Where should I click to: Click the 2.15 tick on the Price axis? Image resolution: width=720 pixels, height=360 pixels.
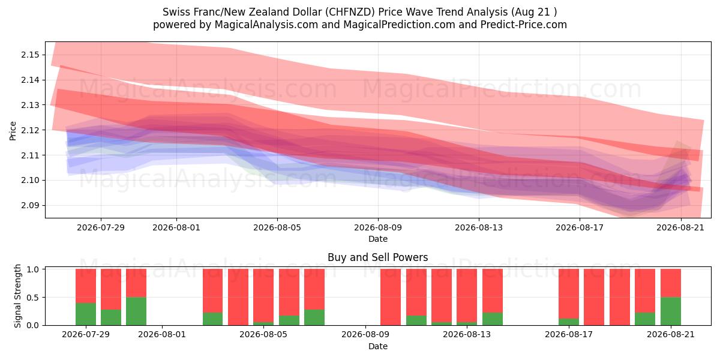pyautogui.click(x=30, y=55)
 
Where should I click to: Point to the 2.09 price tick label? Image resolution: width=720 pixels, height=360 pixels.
pyautogui.click(x=30, y=205)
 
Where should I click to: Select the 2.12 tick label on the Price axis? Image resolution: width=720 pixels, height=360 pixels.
pyautogui.click(x=30, y=130)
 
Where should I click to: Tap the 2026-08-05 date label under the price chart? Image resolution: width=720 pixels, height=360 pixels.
pyautogui.click(x=277, y=227)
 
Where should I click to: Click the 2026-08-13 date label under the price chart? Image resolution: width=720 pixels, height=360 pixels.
pyautogui.click(x=479, y=227)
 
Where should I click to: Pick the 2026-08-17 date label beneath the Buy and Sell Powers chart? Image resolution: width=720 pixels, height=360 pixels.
pyautogui.click(x=569, y=334)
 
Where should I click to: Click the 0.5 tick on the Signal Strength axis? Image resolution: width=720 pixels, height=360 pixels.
pyautogui.click(x=32, y=298)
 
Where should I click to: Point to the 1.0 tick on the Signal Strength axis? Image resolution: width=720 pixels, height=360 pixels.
pyautogui.click(x=32, y=269)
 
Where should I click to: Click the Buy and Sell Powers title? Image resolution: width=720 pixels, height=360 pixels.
pyautogui.click(x=377, y=257)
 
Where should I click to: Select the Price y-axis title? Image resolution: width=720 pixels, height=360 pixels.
pyautogui.click(x=13, y=131)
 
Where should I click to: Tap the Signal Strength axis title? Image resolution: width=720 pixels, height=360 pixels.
pyautogui.click(x=17, y=296)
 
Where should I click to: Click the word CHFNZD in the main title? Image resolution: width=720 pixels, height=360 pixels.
pyautogui.click(x=350, y=12)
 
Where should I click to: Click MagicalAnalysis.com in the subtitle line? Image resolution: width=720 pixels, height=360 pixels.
pyautogui.click(x=266, y=25)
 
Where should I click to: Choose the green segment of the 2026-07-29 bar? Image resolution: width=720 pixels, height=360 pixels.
pyautogui.click(x=86, y=314)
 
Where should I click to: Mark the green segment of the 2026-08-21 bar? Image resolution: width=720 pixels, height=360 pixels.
pyautogui.click(x=671, y=311)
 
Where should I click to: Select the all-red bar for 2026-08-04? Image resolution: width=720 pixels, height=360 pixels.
pyautogui.click(x=238, y=298)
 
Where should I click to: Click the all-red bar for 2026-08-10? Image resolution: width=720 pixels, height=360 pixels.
pyautogui.click(x=391, y=298)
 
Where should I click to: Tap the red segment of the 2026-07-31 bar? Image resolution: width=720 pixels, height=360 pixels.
pyautogui.click(x=136, y=283)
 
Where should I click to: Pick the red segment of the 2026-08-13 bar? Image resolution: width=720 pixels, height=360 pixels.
pyautogui.click(x=467, y=296)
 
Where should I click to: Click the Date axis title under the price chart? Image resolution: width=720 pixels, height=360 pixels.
pyautogui.click(x=377, y=239)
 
